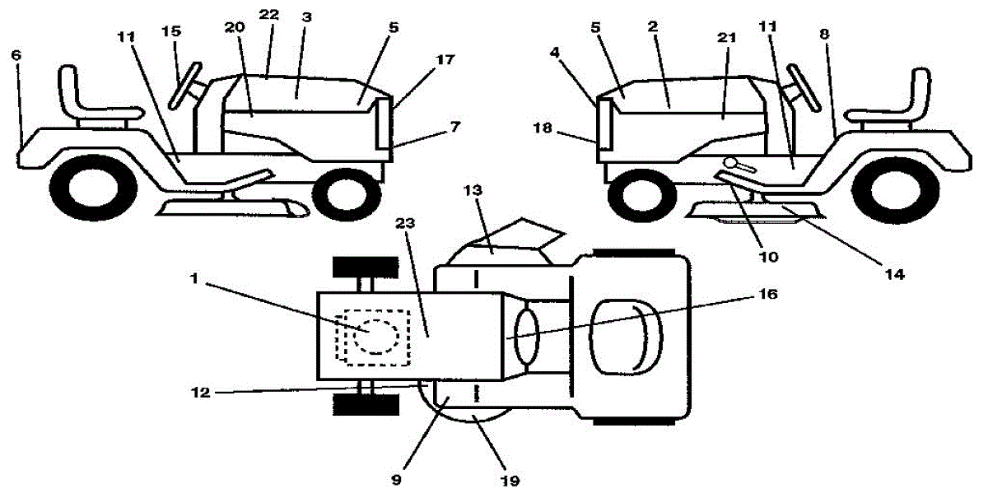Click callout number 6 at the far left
[x=16, y=55]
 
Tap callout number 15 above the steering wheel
[x=171, y=31]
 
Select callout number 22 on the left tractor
[x=268, y=15]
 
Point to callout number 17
[x=445, y=58]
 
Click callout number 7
[x=455, y=127]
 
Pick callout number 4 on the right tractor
[x=554, y=53]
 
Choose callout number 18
[x=543, y=128]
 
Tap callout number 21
[x=726, y=38]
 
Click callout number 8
[x=824, y=34]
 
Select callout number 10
[x=768, y=257]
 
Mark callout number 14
[x=895, y=274]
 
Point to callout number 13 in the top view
[x=473, y=190]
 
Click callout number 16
[x=768, y=293]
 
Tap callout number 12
[x=200, y=392]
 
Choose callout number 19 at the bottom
[x=510, y=481]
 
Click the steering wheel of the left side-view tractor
[x=184, y=86]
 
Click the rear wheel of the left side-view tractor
[x=94, y=188]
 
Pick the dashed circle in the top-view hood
[x=376, y=336]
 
